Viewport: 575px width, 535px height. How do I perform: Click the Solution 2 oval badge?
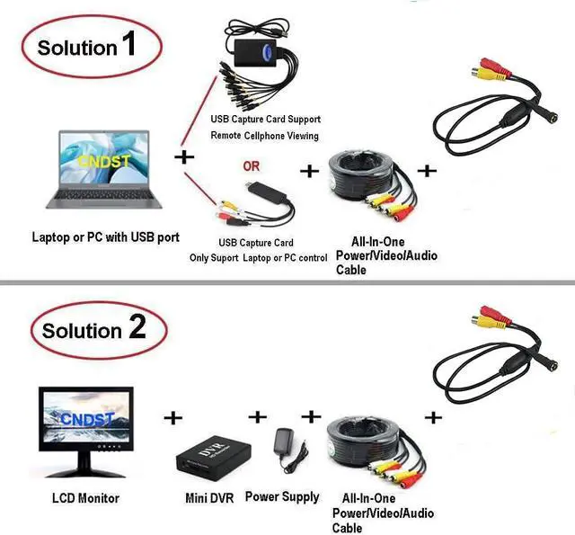click(94, 329)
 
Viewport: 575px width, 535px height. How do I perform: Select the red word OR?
click(251, 166)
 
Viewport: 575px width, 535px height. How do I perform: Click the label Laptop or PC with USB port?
click(106, 237)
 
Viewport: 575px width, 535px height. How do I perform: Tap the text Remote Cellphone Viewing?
click(265, 135)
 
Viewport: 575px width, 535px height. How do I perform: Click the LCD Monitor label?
click(86, 497)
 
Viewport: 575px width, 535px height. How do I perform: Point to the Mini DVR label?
click(210, 497)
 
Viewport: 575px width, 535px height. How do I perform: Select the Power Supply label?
click(282, 496)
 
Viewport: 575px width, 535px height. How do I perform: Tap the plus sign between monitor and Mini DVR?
click(172, 417)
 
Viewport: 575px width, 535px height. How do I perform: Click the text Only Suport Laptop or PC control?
click(259, 258)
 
